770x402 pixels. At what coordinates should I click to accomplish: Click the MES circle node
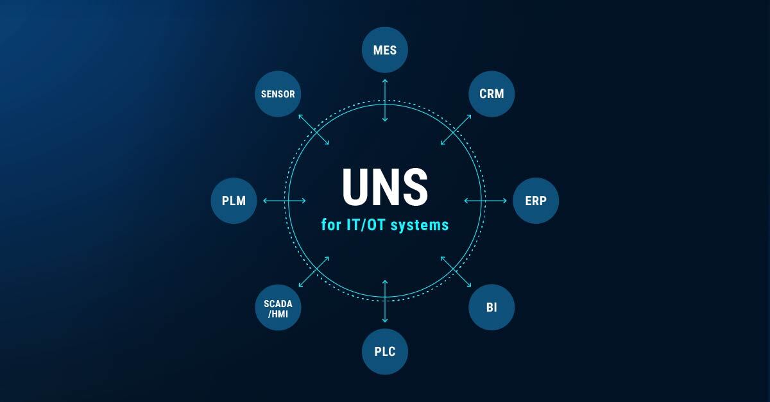point(384,50)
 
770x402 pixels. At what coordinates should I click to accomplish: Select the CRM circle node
point(492,94)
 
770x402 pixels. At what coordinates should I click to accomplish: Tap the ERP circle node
point(536,201)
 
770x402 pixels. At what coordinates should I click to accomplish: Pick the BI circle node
point(492,307)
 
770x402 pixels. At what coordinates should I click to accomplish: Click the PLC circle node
point(384,351)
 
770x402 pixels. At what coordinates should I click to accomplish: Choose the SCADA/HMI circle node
point(278,307)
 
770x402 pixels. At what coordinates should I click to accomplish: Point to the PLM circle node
point(234,201)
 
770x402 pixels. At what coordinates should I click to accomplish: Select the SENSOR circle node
point(278,94)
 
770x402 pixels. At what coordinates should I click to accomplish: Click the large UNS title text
point(385,187)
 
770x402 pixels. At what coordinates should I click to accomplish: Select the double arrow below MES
point(385,100)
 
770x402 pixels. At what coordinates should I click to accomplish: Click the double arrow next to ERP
point(485,201)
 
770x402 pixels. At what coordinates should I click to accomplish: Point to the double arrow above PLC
point(385,301)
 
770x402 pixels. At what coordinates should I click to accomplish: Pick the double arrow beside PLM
point(284,201)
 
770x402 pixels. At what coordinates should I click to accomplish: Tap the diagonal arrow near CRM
point(456,130)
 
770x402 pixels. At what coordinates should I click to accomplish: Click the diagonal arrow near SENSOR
point(314,130)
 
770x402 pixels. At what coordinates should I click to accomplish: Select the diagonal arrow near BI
point(456,271)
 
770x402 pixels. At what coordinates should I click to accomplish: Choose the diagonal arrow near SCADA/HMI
point(314,271)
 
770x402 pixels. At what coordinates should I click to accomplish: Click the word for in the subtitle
point(331,225)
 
